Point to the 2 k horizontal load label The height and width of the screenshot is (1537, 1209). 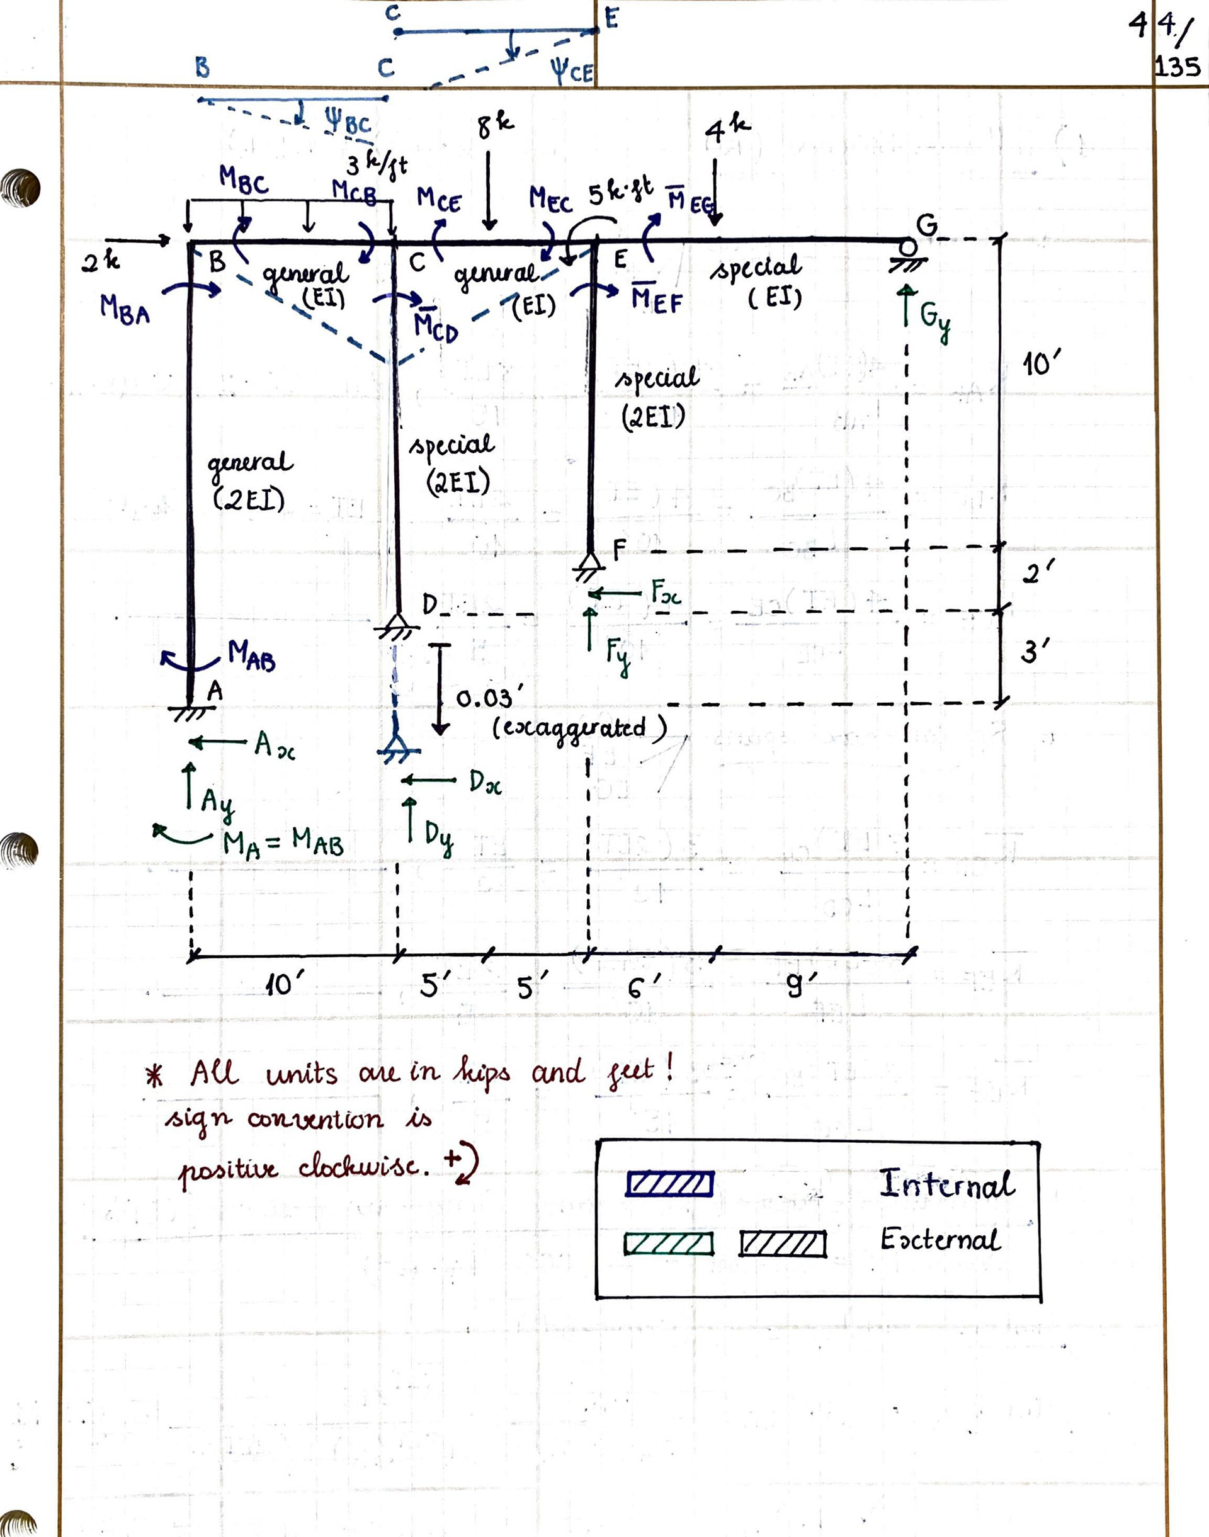101,263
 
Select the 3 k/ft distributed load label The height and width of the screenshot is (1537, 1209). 377,166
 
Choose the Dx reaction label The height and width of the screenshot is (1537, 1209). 485,783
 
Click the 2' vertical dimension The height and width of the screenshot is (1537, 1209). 1038,572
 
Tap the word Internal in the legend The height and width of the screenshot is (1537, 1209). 947,1184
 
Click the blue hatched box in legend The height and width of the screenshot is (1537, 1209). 669,1184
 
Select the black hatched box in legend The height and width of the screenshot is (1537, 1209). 782,1244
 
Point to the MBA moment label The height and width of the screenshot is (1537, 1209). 125,309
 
